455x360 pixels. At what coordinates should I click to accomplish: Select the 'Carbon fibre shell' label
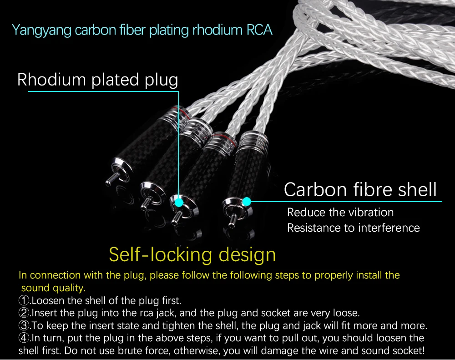tap(360, 189)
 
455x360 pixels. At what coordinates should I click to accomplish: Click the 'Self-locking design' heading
tap(192, 254)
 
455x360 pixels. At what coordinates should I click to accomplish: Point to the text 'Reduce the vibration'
tap(340, 213)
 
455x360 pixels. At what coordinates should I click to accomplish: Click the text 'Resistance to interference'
tap(353, 228)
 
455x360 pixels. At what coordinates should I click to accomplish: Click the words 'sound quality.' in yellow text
tap(53, 288)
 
